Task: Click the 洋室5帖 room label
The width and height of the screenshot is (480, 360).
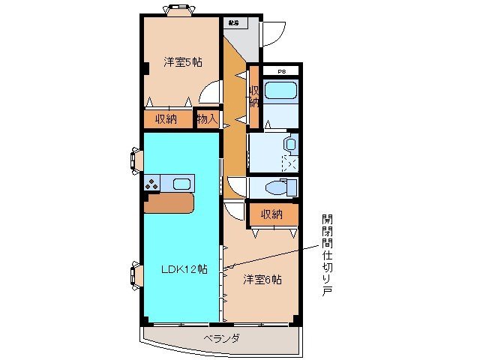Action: click(182, 62)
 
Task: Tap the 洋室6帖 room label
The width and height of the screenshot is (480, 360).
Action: click(262, 280)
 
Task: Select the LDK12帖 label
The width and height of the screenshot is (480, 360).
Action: click(184, 268)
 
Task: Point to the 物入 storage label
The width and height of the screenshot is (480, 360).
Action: click(206, 118)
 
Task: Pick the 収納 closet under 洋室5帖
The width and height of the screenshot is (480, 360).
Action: click(166, 118)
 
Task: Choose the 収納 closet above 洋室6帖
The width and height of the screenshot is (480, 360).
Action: click(271, 214)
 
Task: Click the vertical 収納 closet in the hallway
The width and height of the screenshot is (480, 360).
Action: click(254, 97)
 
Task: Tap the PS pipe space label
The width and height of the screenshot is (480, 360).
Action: click(282, 71)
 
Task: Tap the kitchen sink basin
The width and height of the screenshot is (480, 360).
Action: click(181, 184)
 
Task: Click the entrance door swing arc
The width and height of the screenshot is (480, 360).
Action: click(273, 32)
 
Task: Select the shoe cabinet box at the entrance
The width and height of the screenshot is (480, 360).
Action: click(234, 22)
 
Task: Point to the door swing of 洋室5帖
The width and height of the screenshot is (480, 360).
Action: click(211, 94)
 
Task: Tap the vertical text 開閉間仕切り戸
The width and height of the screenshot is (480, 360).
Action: click(327, 255)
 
